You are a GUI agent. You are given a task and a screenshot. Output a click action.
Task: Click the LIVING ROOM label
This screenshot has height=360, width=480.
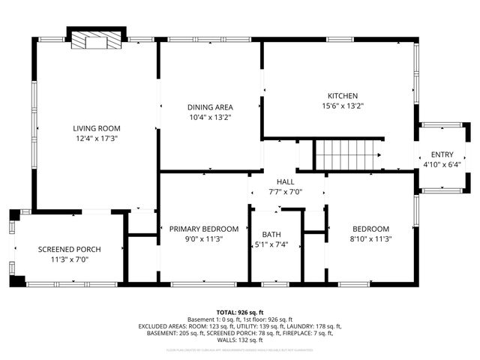click(97, 128)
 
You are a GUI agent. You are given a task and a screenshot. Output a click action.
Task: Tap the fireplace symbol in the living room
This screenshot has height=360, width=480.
click(95, 42)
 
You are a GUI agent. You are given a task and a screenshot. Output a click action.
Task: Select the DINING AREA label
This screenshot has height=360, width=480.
click(209, 106)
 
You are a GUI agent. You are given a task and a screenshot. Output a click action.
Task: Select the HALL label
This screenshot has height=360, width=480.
click(286, 181)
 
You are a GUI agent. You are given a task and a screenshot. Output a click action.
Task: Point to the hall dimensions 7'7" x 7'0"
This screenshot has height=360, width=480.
click(286, 192)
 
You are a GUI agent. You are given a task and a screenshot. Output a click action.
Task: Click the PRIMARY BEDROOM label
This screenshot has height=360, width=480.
click(204, 229)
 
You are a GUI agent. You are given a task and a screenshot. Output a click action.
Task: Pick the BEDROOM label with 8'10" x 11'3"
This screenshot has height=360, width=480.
click(371, 229)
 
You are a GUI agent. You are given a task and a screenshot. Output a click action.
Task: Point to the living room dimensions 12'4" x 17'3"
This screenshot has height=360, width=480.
click(97, 139)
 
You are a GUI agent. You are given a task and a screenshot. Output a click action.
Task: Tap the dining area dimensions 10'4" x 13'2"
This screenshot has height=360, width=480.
click(209, 117)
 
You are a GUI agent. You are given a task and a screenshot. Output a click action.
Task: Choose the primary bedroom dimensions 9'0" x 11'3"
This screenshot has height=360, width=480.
click(204, 239)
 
